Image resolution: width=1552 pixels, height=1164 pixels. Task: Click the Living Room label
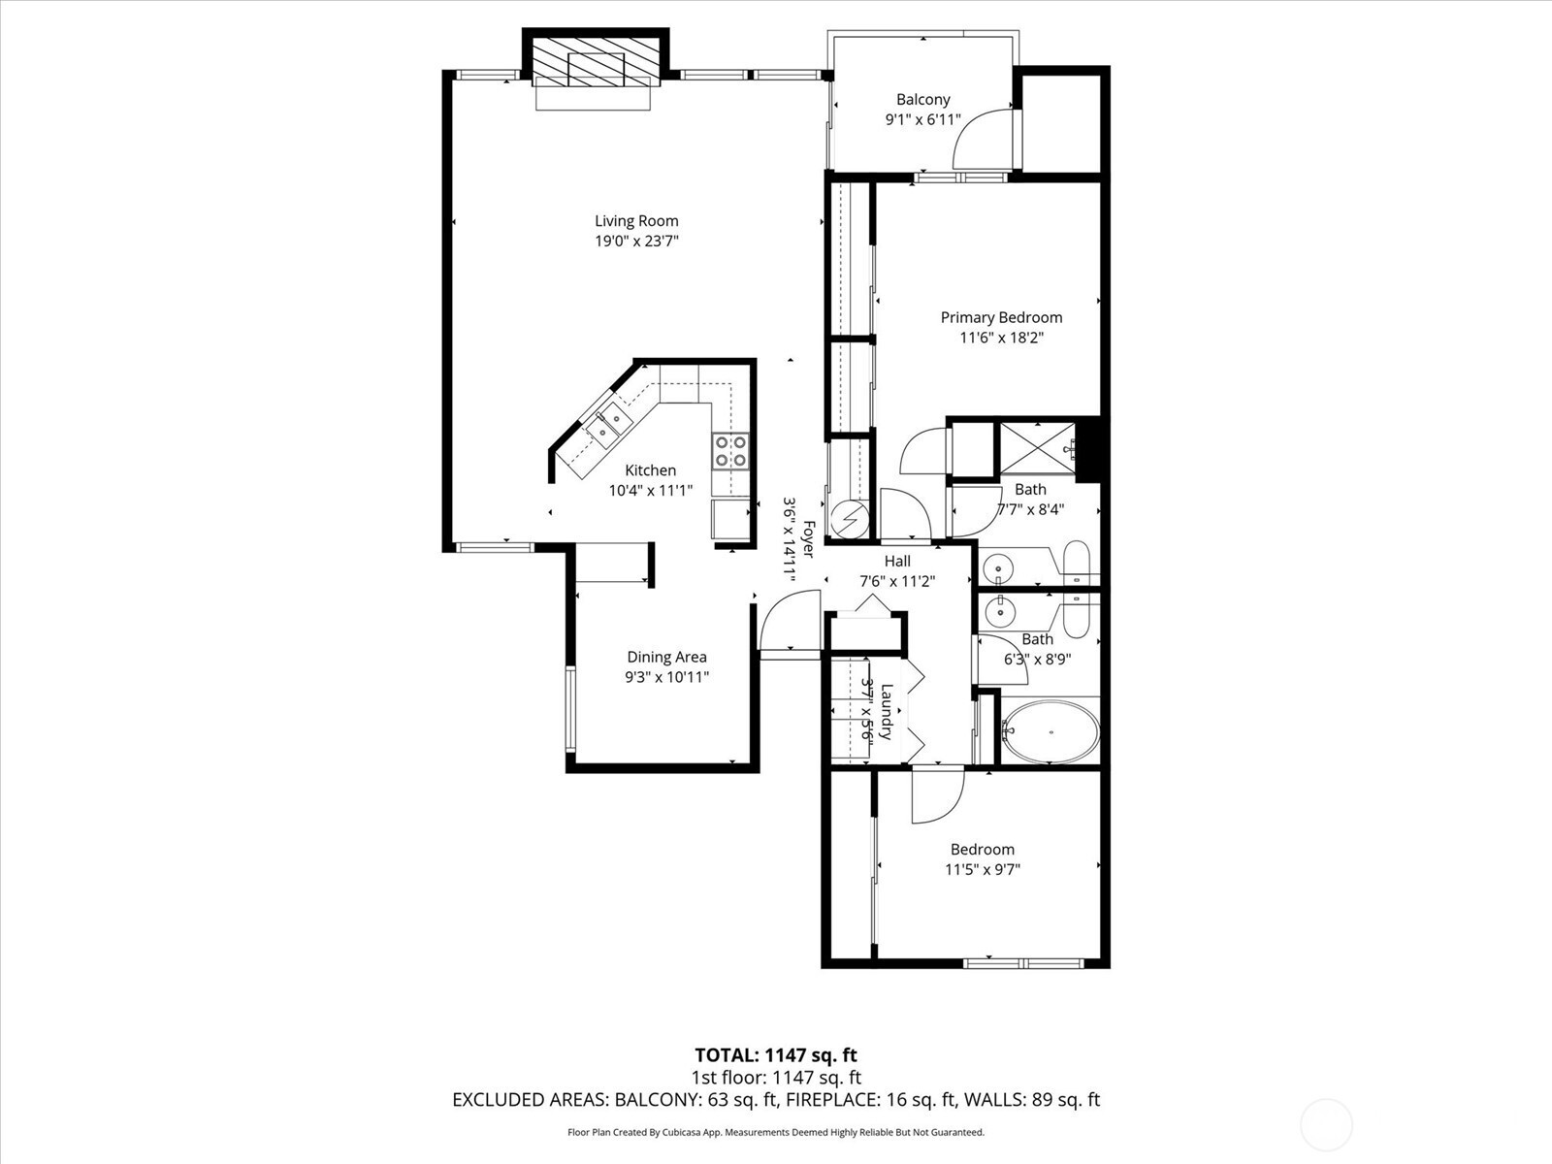point(636,221)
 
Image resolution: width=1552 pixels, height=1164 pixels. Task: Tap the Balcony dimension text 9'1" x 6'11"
point(922,120)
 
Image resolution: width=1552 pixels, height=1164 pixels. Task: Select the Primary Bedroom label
point(1001,318)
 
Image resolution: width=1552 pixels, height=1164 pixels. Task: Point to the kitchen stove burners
point(730,451)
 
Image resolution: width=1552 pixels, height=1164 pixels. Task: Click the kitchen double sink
point(608,426)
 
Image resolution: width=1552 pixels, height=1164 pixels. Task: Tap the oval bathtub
point(1051,731)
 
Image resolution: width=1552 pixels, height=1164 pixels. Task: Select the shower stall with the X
point(1038,447)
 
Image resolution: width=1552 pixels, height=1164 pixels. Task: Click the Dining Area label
point(666,658)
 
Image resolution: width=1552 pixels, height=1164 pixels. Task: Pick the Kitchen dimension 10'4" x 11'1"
point(651,491)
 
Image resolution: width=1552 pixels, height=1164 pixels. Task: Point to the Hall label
point(897,562)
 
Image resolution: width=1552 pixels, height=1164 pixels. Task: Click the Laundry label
point(887,712)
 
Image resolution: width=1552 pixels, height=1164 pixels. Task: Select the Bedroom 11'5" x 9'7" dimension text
point(982,869)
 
